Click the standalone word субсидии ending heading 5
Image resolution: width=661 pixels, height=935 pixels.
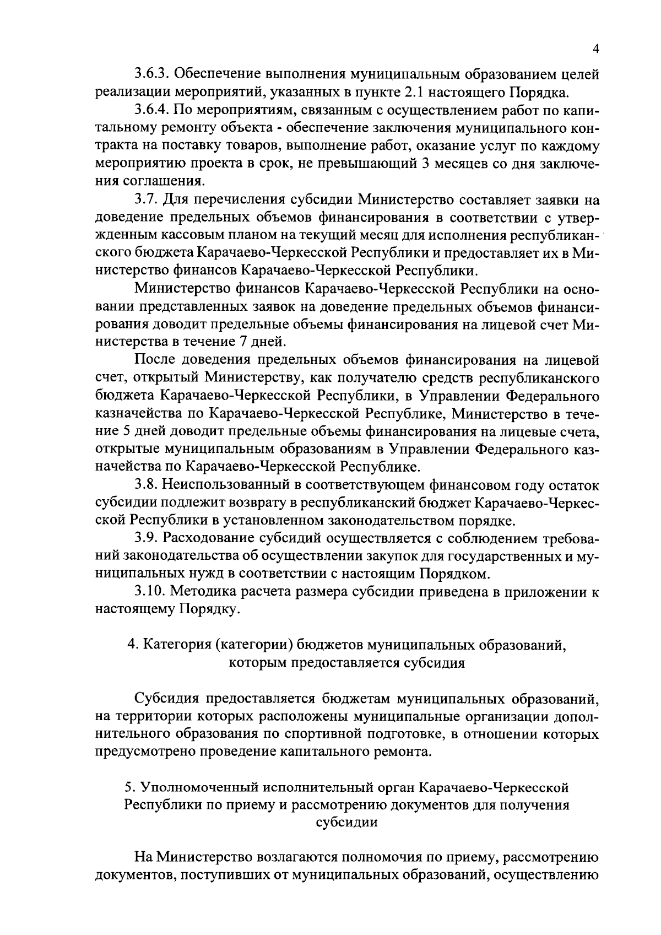(346, 822)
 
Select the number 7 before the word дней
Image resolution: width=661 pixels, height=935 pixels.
(243, 342)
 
